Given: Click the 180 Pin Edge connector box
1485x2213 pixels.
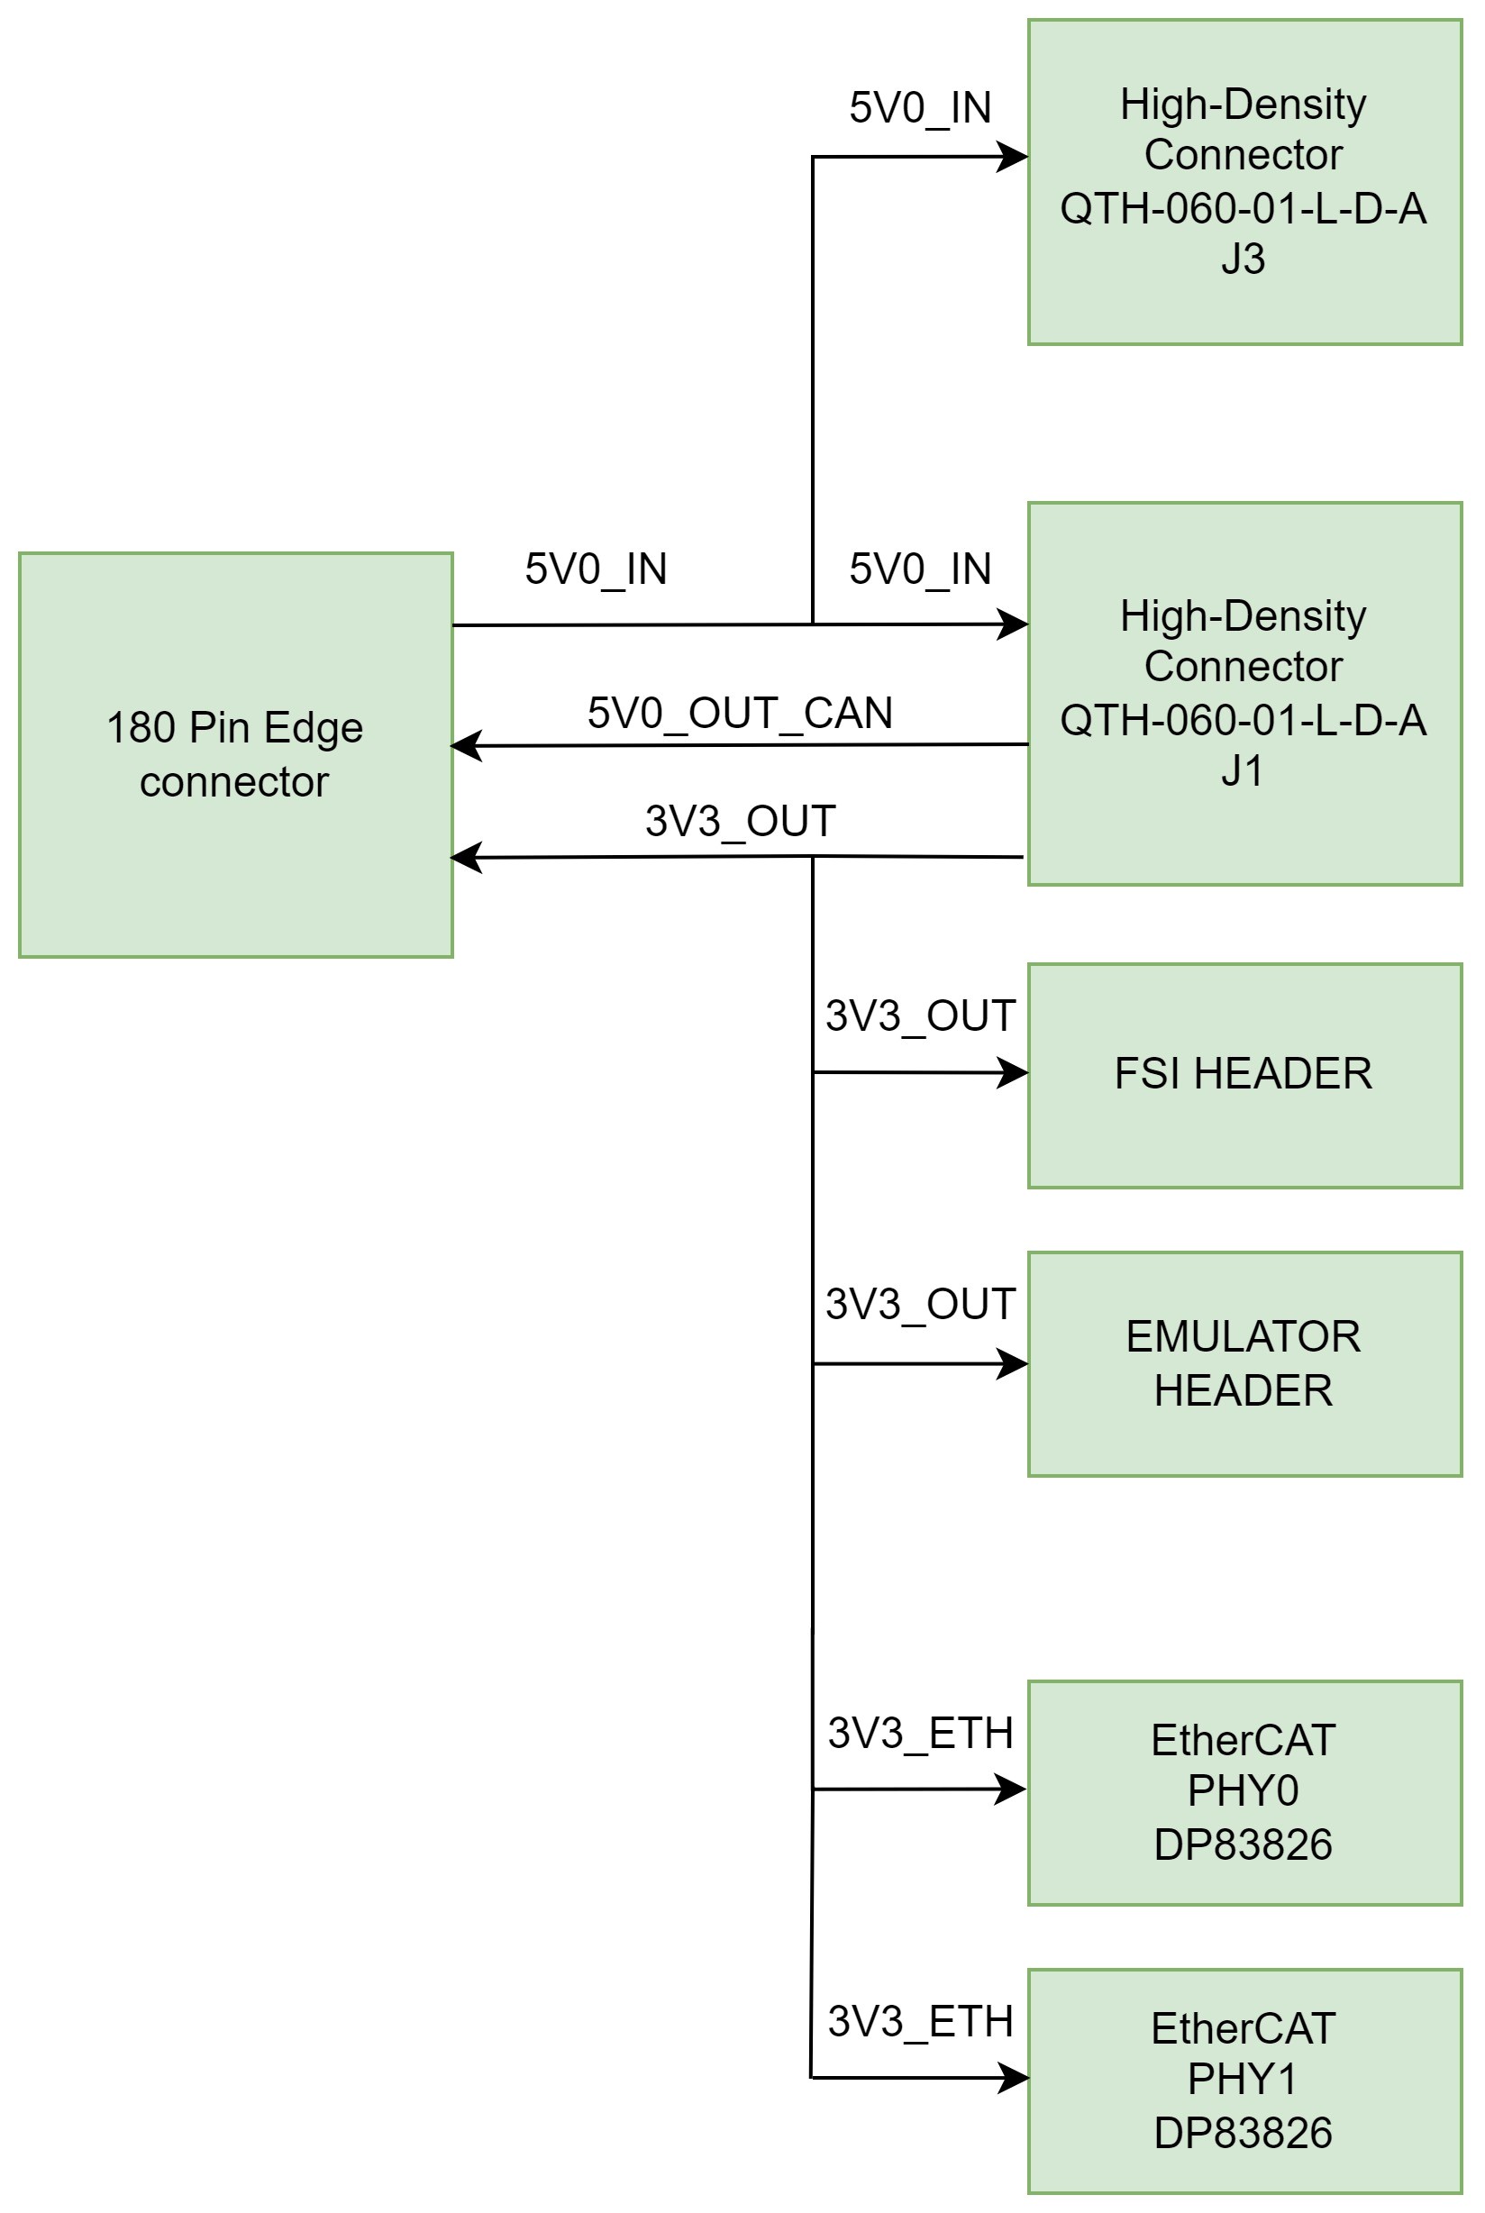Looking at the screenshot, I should click(x=235, y=755).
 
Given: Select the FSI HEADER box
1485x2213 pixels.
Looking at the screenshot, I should click(x=1244, y=1075).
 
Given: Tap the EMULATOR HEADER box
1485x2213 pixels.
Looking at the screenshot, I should click(x=1244, y=1363).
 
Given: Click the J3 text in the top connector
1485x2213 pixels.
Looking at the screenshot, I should click(x=1243, y=259).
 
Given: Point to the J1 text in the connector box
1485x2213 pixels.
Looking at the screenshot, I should click(x=1242, y=770).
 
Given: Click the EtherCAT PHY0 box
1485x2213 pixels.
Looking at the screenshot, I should click(x=1244, y=1792).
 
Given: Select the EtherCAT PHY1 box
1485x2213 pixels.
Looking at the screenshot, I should click(x=1244, y=2081).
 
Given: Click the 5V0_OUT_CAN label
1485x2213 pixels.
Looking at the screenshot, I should click(x=740, y=713).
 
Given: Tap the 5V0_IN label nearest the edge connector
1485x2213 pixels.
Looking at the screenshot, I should click(x=596, y=569).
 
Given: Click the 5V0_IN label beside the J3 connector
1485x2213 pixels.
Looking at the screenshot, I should click(x=920, y=108).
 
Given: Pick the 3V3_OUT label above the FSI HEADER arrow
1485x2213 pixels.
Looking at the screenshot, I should click(x=920, y=1016).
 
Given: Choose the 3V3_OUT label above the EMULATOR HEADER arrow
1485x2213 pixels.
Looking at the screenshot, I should click(x=920, y=1305).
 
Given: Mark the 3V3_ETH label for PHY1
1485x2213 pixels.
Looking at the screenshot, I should click(x=920, y=2022).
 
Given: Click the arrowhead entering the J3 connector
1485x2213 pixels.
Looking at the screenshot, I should click(x=1014, y=156).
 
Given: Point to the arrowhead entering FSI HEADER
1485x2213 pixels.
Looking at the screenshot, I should click(x=1014, y=1073).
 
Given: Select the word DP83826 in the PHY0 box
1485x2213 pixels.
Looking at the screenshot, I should click(x=1243, y=1844).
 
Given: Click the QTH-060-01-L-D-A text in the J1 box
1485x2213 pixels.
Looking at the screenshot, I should click(x=1243, y=721).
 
